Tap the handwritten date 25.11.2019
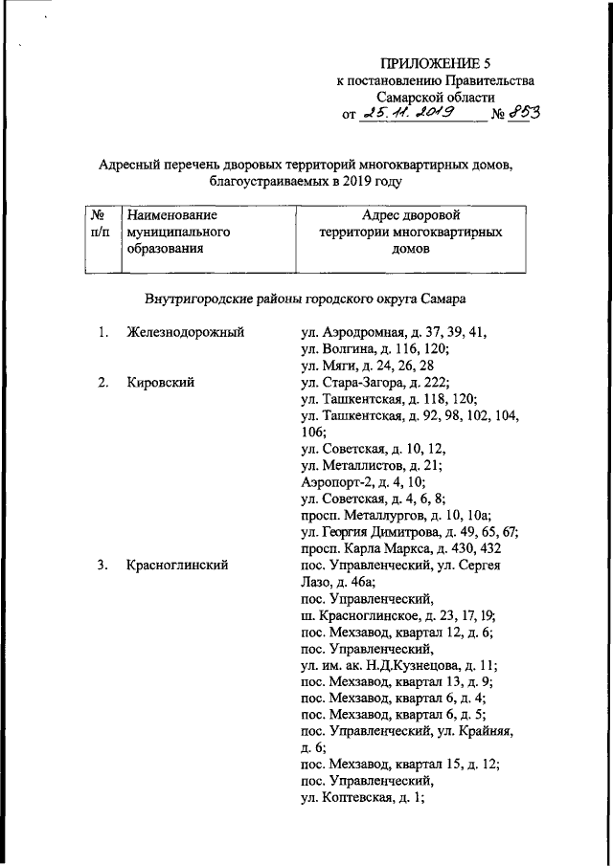click(410, 114)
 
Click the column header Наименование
click(172, 216)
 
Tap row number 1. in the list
click(102, 332)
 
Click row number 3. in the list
click(102, 566)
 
